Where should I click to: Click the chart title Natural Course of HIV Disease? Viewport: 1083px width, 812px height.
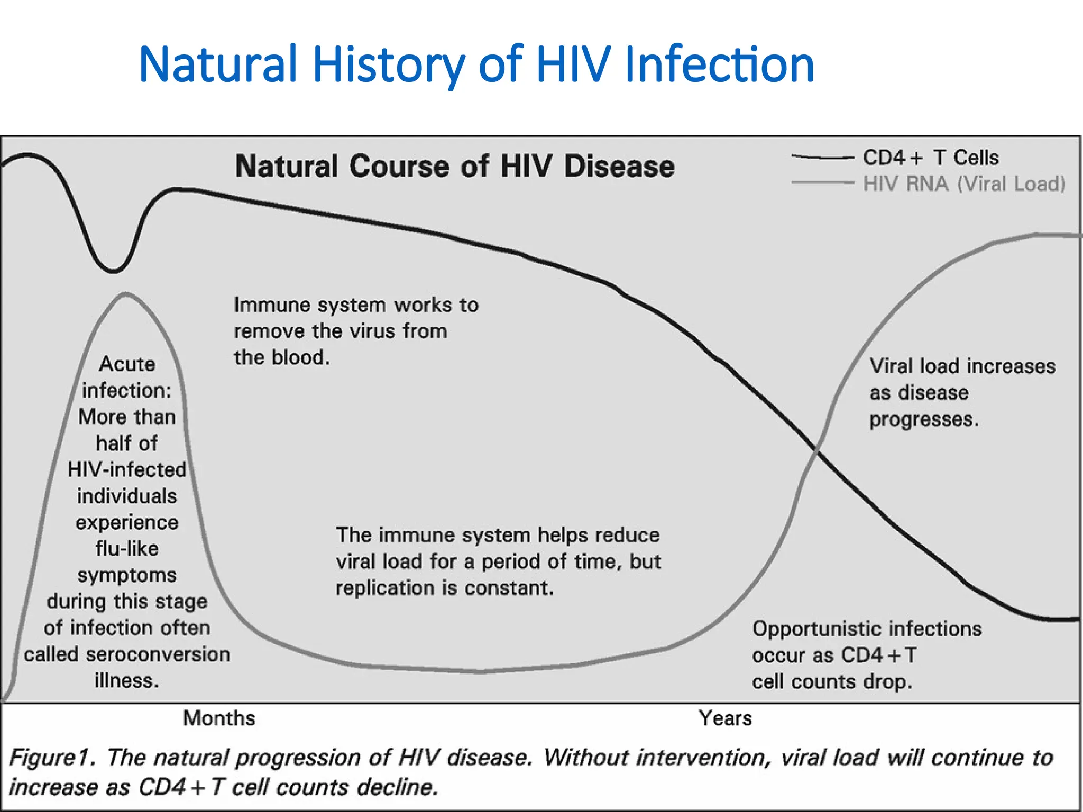[x=455, y=167]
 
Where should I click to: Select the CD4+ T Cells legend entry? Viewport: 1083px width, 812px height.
[x=931, y=158]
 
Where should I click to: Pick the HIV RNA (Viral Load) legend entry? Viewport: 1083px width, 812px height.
[x=964, y=184]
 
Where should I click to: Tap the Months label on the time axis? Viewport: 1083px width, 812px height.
[x=219, y=718]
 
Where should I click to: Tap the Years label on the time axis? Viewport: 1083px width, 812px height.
[x=725, y=718]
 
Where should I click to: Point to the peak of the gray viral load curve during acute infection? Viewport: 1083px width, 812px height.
[x=126, y=293]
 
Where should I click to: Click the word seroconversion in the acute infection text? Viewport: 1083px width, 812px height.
[x=158, y=654]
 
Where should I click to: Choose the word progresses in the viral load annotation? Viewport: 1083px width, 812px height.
[x=923, y=419]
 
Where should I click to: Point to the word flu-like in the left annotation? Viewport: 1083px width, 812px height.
[x=127, y=549]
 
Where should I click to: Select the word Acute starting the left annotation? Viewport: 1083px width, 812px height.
[x=127, y=364]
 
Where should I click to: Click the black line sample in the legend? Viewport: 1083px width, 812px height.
[x=822, y=158]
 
